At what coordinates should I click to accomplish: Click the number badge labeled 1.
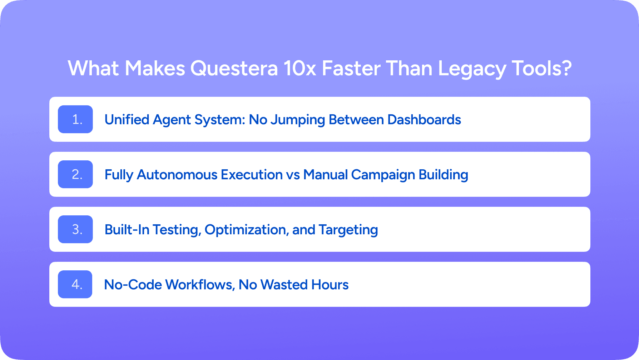(75, 119)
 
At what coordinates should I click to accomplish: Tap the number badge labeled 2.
(75, 174)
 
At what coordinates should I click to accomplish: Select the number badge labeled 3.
(75, 229)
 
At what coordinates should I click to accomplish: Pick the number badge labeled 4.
(75, 284)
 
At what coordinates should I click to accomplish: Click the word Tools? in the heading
(542, 69)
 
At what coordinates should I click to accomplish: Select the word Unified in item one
(127, 120)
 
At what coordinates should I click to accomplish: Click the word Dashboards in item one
(424, 120)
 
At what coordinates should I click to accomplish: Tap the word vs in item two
(293, 175)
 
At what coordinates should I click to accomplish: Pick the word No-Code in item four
(133, 285)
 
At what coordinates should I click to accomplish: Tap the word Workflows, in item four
(200, 285)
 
